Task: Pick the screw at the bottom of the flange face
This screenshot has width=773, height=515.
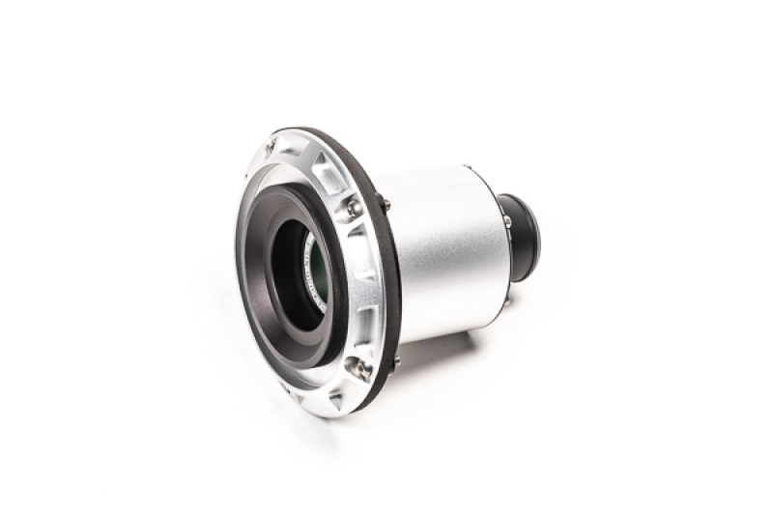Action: click(363, 367)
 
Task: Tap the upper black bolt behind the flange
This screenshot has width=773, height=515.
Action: click(386, 204)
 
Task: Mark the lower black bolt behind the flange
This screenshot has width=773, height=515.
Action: click(396, 359)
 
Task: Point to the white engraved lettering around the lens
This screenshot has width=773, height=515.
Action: click(311, 266)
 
